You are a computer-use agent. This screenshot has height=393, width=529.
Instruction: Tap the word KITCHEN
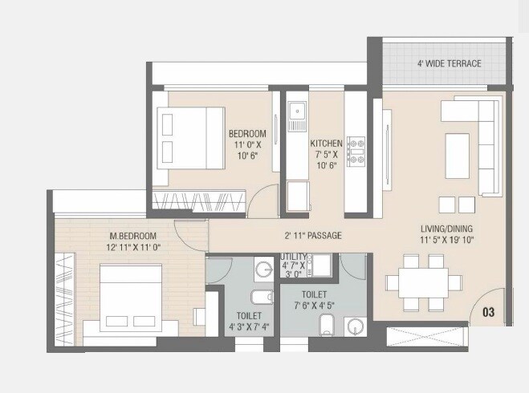click(327, 144)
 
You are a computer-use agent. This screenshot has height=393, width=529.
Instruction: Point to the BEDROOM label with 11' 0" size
click(246, 133)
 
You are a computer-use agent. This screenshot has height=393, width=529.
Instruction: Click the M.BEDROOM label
click(133, 236)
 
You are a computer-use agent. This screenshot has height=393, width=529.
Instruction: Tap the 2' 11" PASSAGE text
click(313, 236)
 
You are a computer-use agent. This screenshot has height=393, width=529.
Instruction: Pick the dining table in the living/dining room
click(423, 282)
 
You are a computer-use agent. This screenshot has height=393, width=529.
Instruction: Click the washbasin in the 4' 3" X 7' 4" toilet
click(262, 269)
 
